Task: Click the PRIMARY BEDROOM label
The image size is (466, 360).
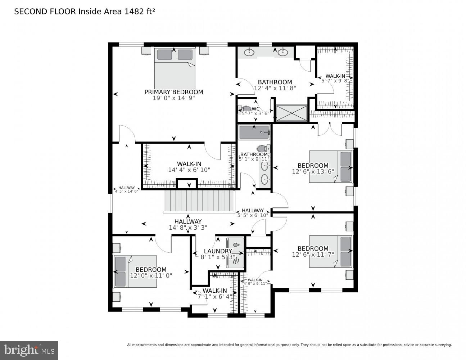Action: [173, 92]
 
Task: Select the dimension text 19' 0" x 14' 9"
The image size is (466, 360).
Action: [173, 98]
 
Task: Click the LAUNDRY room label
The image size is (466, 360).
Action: [218, 251]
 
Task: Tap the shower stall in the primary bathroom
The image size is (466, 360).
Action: [291, 113]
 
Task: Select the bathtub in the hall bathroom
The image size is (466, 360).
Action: [254, 132]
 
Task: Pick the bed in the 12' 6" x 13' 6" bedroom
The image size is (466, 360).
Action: [330, 167]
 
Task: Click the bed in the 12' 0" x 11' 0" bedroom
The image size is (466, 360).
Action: [135, 271]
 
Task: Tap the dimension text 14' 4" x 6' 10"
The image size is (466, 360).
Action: [189, 170]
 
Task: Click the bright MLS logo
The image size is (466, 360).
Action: [29, 350]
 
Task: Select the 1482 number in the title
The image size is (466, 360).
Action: [132, 12]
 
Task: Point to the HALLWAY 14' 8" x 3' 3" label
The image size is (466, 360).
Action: [188, 222]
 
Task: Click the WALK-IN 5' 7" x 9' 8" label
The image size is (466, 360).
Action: [335, 76]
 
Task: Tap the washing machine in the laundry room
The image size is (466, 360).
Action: [235, 245]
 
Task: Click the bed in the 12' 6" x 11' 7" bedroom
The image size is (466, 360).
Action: [330, 251]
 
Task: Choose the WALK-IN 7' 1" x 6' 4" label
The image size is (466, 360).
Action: [214, 291]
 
